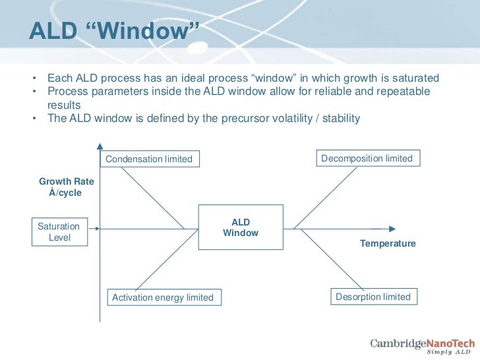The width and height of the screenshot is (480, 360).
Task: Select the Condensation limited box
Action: tap(149, 159)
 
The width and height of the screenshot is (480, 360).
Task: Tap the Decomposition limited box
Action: tap(367, 158)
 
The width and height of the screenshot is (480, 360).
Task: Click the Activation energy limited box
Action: tap(163, 297)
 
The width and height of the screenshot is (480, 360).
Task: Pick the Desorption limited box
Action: tap(373, 297)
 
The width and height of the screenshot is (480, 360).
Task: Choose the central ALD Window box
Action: tap(241, 228)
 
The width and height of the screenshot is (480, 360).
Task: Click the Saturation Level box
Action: tap(59, 231)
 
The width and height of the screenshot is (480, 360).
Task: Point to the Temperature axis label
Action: tap(388, 243)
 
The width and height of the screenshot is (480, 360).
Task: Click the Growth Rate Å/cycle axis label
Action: tap(66, 187)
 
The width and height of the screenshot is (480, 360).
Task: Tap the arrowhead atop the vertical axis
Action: tap(100, 146)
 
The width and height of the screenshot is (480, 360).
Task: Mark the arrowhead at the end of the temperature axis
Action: tap(392, 229)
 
